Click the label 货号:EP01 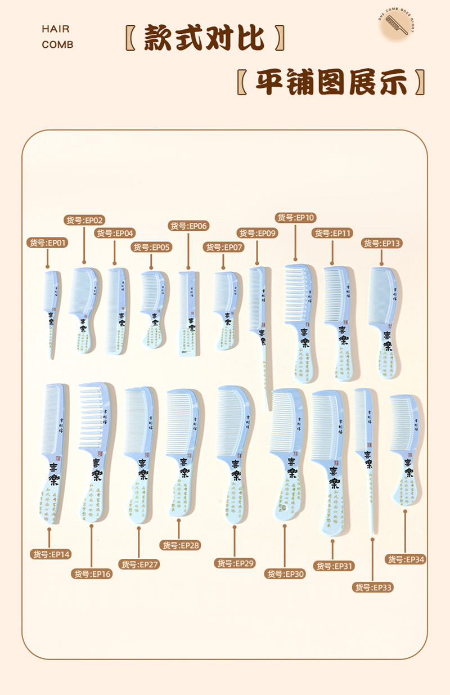coord(48,243)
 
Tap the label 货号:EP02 coord(85,220)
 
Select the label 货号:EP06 coord(188,226)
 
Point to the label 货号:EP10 coord(295,218)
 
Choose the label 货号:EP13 coord(382,243)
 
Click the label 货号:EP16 coord(92,574)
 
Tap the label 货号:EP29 coord(235,563)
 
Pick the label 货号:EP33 coord(372,588)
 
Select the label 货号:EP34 coord(405,559)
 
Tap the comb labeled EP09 coord(259,321)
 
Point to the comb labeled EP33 coord(366,450)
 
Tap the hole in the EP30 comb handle coord(284,508)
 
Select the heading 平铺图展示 coord(331,83)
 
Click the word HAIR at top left coord(56,29)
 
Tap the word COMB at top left coord(57,45)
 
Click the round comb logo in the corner coord(395,25)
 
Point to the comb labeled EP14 coord(52,450)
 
